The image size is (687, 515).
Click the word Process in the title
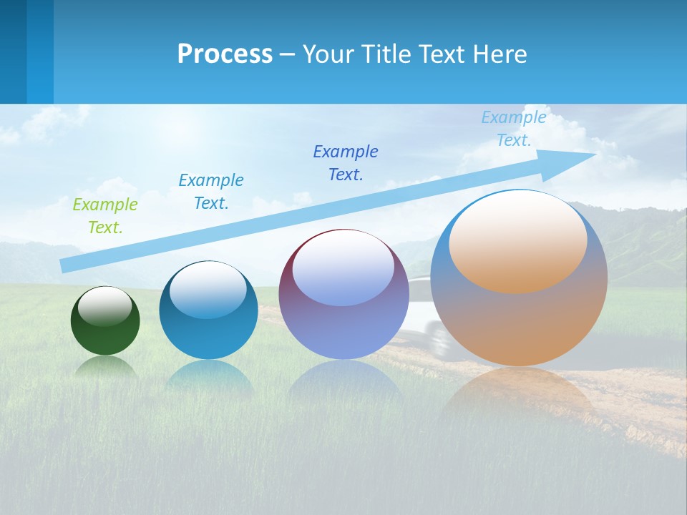point(225,54)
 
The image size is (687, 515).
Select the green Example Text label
point(105,216)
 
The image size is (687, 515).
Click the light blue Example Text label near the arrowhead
point(514,129)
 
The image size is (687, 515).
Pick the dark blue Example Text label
point(346,163)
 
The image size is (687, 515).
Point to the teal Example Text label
point(211,192)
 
